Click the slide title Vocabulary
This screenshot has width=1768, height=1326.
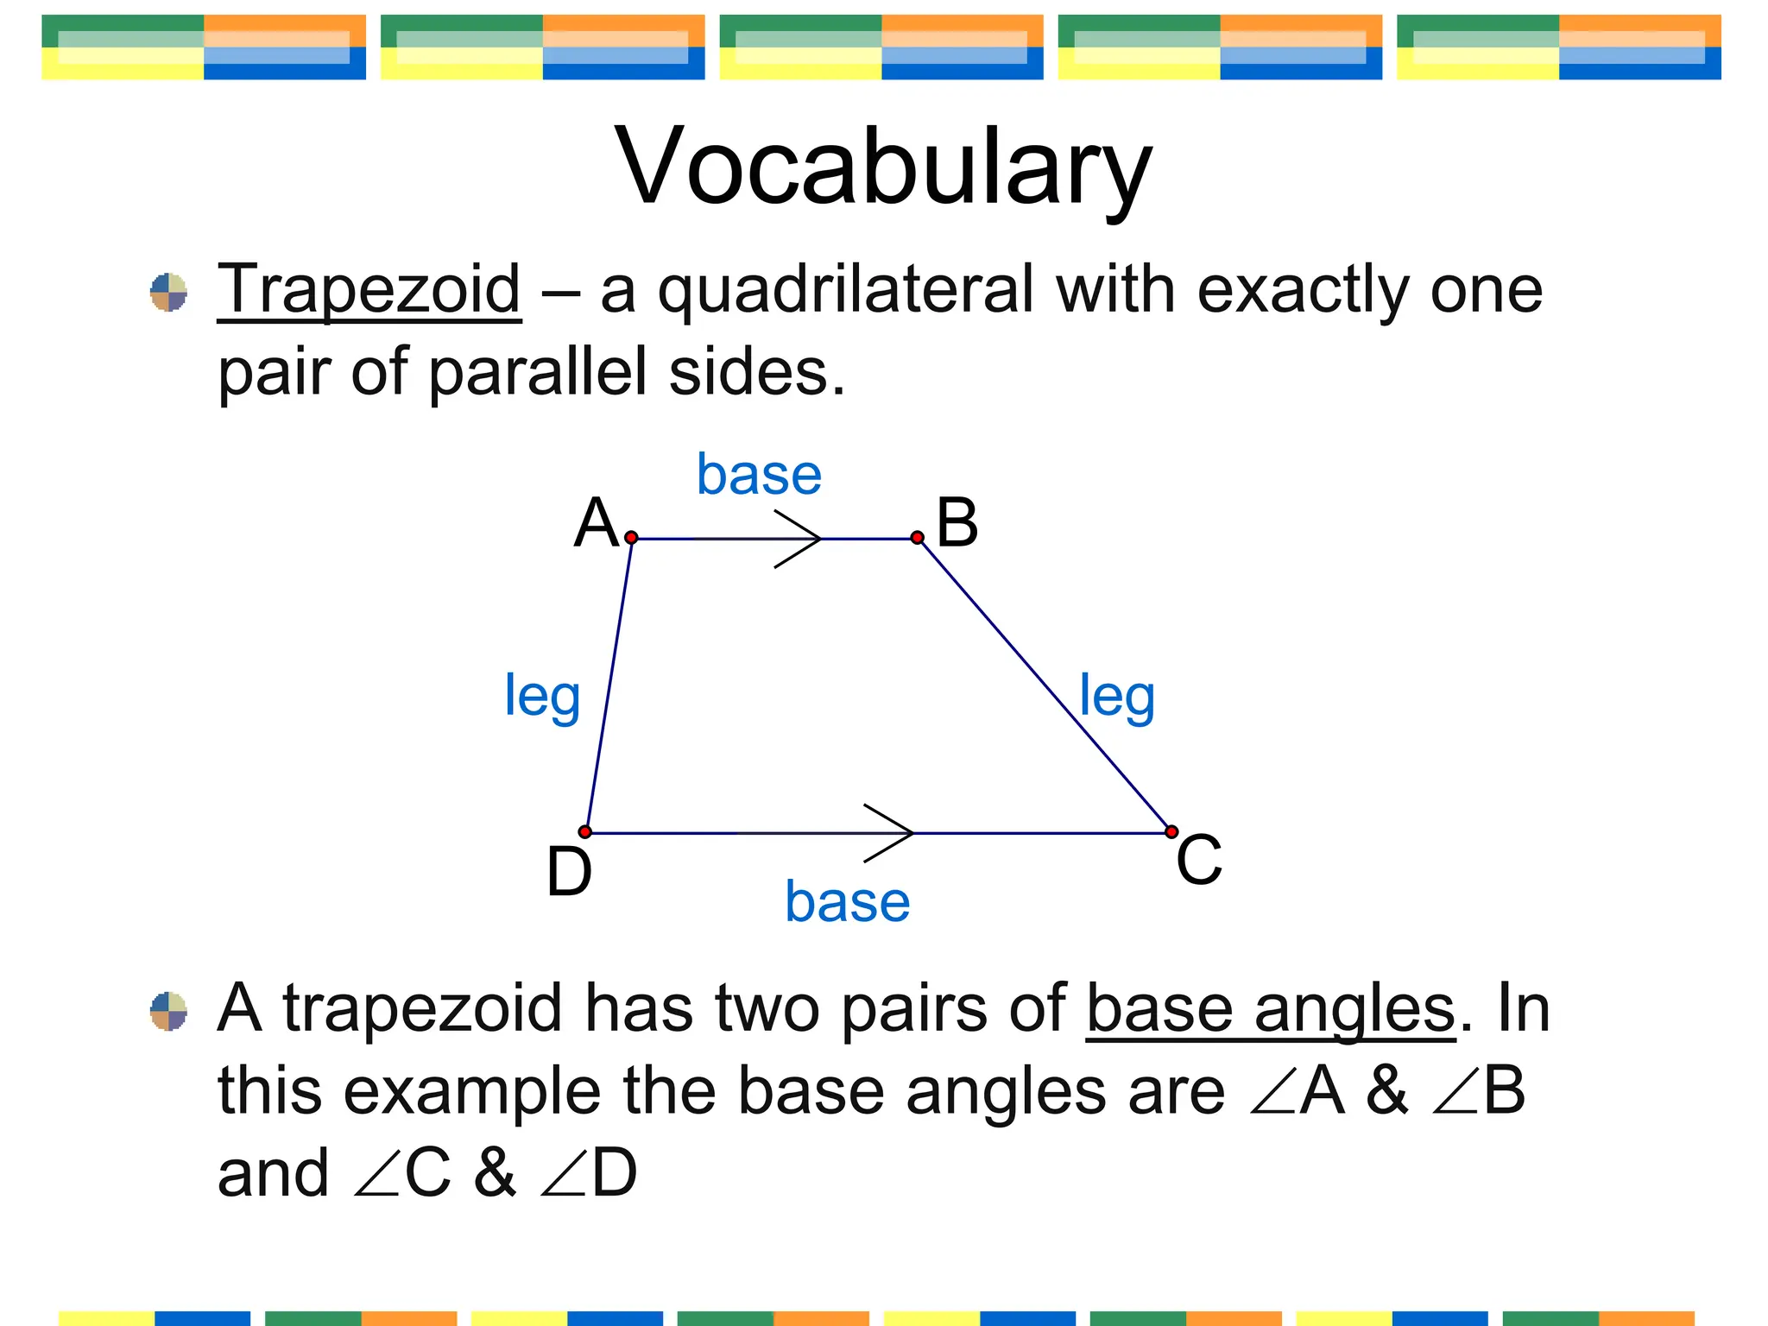883,166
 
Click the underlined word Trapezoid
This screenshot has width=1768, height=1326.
369,291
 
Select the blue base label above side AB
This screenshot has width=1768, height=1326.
759,476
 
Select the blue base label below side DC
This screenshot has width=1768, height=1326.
847,903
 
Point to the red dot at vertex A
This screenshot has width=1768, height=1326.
631,538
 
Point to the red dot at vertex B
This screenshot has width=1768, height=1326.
917,538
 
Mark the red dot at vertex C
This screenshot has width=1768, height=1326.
1171,832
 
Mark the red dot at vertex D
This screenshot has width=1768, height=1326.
585,832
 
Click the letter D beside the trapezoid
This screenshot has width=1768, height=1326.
569,872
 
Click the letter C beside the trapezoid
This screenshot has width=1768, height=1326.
1199,861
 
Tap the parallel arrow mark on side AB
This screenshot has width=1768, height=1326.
799,539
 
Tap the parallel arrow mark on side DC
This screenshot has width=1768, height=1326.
889,833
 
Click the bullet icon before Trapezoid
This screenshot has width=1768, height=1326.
168,293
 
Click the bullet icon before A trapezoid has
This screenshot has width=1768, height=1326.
168,1011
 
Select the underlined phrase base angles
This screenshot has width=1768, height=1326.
1271,1010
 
